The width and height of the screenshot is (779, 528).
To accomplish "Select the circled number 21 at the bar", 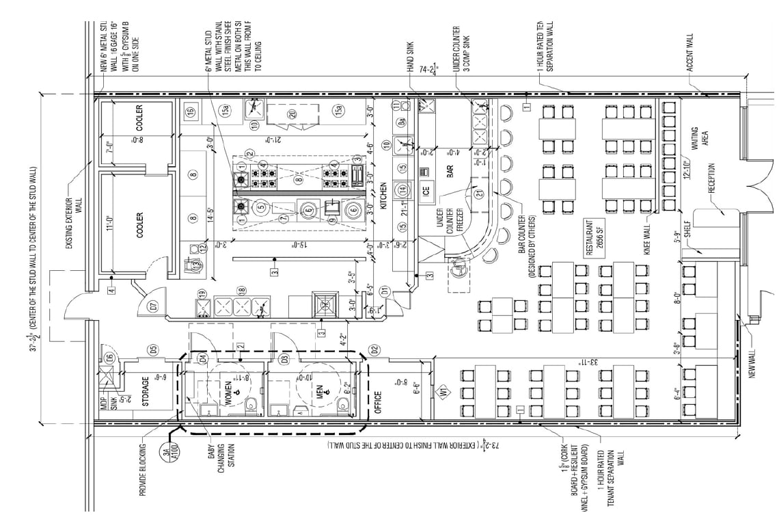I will [479, 194].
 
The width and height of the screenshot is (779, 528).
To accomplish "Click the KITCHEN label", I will [384, 196].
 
